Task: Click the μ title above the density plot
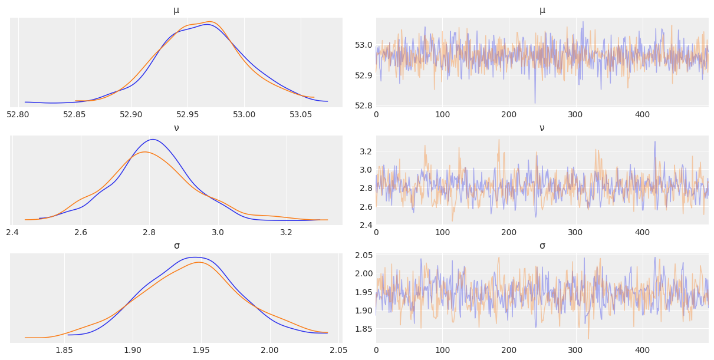click(x=176, y=10)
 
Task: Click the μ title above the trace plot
click(x=542, y=10)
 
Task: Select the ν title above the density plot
click(x=176, y=128)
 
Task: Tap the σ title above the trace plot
click(x=542, y=246)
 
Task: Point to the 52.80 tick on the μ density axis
click(x=18, y=114)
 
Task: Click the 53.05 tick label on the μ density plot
click(x=301, y=114)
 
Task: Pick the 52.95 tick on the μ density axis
click(x=187, y=114)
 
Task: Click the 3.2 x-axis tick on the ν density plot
click(x=286, y=232)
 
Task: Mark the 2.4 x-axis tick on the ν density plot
click(x=12, y=232)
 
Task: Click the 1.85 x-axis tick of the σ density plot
click(x=64, y=350)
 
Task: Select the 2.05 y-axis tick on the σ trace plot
click(x=362, y=255)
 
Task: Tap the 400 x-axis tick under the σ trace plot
click(x=642, y=350)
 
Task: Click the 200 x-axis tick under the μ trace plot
click(x=509, y=114)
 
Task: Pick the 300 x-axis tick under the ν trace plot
click(x=575, y=232)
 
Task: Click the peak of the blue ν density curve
click(x=153, y=140)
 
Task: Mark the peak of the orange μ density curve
click(x=210, y=22)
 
